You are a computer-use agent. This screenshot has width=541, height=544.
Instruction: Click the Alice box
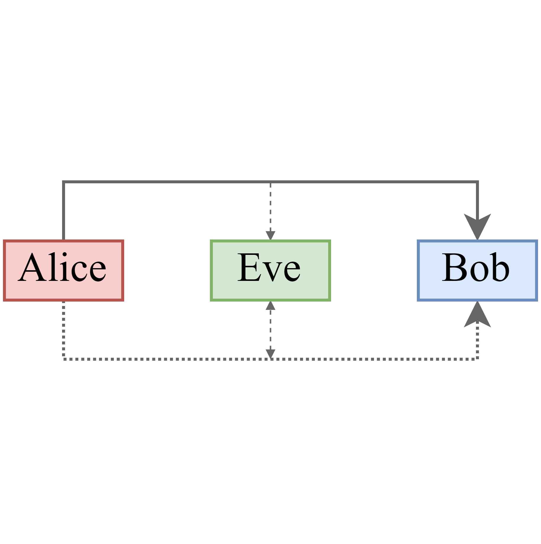coord(63,271)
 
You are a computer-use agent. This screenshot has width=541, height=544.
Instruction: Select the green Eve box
coord(270,271)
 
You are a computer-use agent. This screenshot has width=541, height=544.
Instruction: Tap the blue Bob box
coord(477,271)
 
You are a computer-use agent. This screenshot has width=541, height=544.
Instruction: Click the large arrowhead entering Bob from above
coord(477,226)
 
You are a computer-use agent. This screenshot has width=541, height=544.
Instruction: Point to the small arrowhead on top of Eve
coord(270,235)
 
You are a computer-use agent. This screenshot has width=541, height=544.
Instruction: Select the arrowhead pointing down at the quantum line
coord(270,354)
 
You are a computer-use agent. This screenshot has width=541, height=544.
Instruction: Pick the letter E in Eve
coord(248,268)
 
